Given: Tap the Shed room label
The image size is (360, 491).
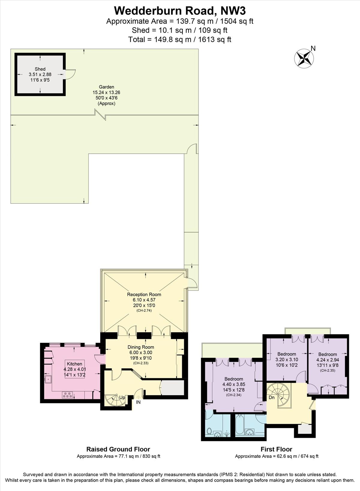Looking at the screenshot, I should pos(40,69).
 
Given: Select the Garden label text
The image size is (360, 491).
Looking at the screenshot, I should pos(106,87).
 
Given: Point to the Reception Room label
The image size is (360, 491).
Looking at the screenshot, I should pos(144,294).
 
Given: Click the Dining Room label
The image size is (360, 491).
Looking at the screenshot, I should pos(141,347).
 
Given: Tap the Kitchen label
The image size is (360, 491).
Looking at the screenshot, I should pos(74,364).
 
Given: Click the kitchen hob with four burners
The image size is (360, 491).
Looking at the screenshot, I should pos(67,395).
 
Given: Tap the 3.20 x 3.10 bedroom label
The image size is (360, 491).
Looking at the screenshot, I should pos(286,354).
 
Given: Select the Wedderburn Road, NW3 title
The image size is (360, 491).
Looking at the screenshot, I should pos(180,11).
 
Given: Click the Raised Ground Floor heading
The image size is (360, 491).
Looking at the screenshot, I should pos(118,449).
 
